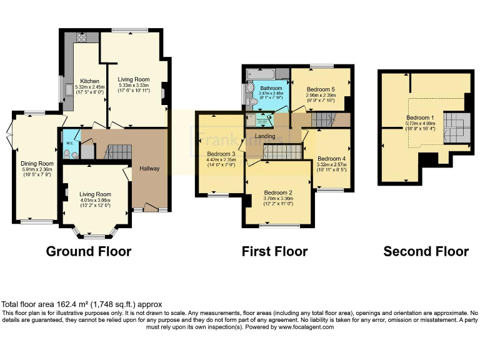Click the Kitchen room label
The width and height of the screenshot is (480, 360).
coord(85,80)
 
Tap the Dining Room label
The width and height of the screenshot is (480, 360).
coord(37,163)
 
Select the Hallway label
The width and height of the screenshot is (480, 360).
coord(149,169)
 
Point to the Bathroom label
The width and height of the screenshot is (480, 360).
coord(271,89)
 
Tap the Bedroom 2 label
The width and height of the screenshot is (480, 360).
coord(278,192)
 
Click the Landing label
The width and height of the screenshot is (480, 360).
coord(265,136)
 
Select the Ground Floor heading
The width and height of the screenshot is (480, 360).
coord(89,251)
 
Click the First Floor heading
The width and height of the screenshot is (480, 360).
coord(274,251)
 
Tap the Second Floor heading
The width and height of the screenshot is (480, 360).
coord(426,251)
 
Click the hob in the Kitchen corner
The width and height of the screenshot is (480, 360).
coord(81,37)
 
